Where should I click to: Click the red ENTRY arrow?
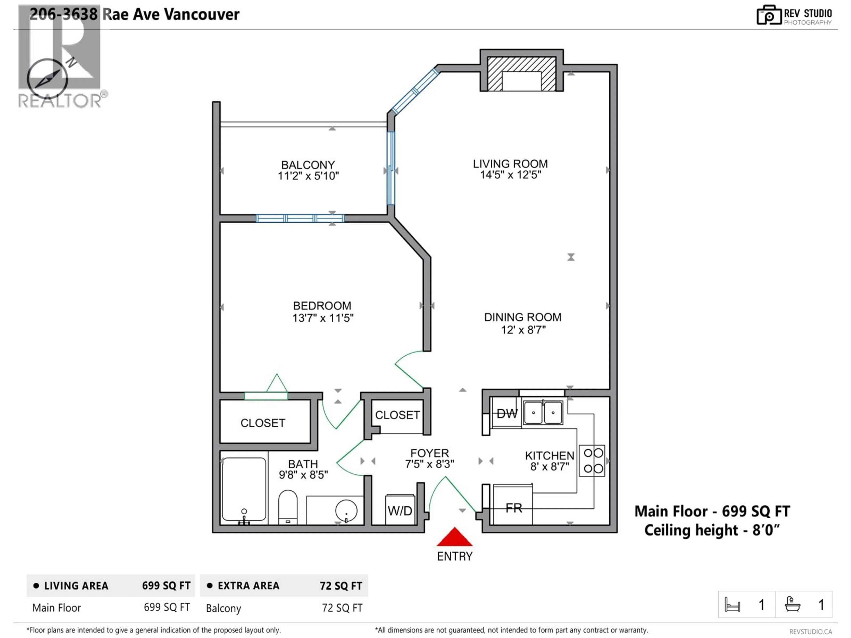coord(454,537)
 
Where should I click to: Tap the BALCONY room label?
coord(308,165)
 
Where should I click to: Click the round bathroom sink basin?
coord(346,511)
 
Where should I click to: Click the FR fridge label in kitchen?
coord(514,508)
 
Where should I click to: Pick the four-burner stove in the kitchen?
coord(592,461)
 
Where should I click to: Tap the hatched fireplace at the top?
coord(521,74)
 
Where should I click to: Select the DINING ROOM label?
coord(522,317)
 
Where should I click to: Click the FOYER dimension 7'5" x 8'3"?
coord(429,464)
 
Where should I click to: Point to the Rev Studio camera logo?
coord(769,15)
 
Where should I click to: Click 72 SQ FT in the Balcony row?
coord(342,608)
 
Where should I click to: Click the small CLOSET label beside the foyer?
coord(397,415)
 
